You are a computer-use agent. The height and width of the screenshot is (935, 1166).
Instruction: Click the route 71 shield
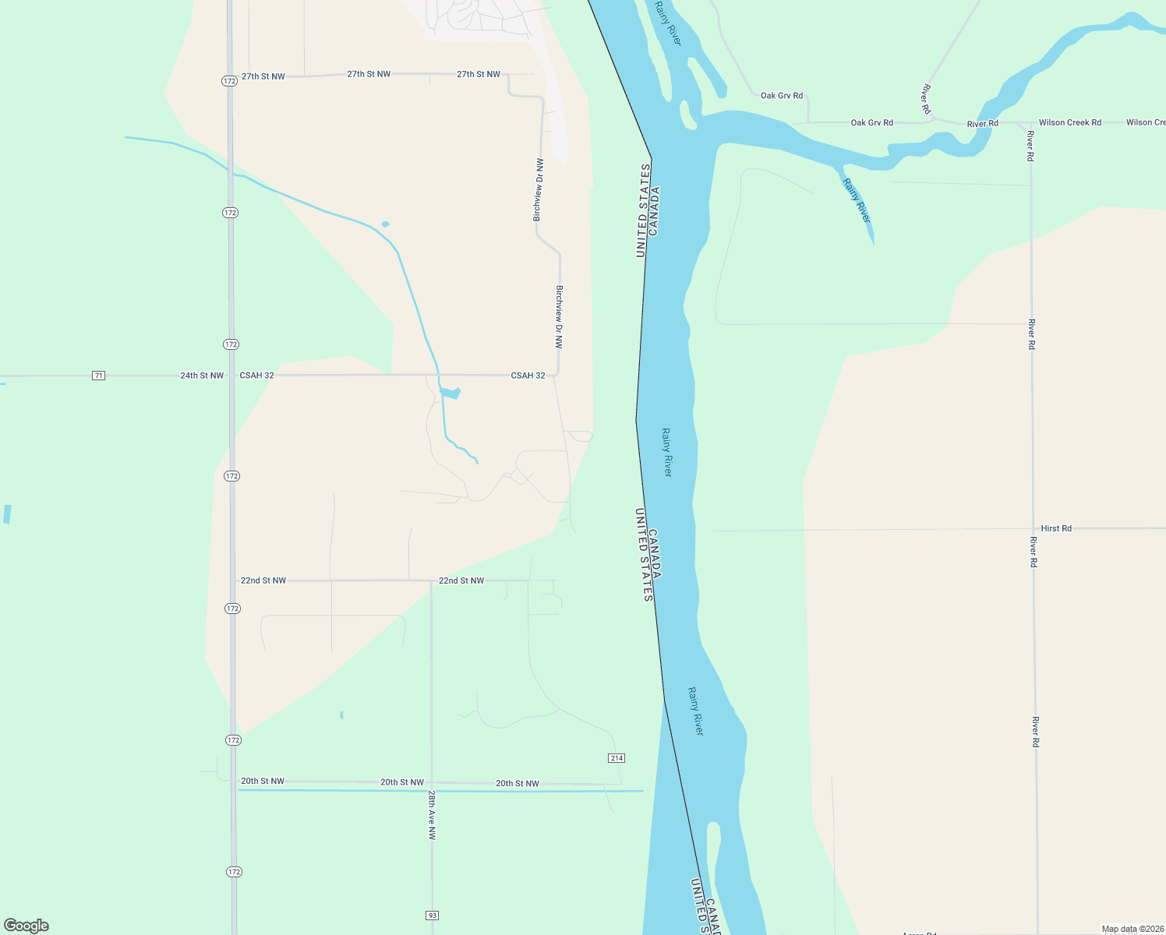pyautogui.click(x=98, y=376)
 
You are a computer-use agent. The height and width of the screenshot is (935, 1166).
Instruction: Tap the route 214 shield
pyautogui.click(x=617, y=758)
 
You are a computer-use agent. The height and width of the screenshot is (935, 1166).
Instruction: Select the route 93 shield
pyautogui.click(x=433, y=915)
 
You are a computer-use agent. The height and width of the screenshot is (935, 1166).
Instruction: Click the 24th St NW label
pyautogui.click(x=202, y=376)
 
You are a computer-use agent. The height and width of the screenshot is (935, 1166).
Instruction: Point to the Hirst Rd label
pyautogui.click(x=1056, y=528)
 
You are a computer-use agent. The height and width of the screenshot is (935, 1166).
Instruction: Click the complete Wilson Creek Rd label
pyautogui.click(x=1069, y=122)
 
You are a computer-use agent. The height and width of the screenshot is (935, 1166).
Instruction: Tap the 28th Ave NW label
pyautogui.click(x=431, y=815)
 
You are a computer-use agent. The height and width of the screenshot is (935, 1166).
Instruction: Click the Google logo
pyautogui.click(x=26, y=926)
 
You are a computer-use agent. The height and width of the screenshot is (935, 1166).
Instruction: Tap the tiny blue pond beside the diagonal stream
pyautogui.click(x=385, y=224)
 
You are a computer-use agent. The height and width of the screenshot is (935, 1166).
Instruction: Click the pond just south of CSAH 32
pyautogui.click(x=450, y=393)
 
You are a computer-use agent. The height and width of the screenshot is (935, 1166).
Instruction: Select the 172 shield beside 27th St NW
pyautogui.click(x=228, y=81)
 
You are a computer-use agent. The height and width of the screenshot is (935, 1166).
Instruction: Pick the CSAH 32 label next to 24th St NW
pyautogui.click(x=256, y=376)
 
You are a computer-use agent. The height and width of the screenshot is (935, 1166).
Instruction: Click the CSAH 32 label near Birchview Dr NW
pyautogui.click(x=528, y=376)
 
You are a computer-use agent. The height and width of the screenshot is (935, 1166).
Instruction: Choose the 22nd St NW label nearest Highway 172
pyautogui.click(x=263, y=580)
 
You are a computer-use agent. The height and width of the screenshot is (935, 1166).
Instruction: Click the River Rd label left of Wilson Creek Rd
pyautogui.click(x=982, y=124)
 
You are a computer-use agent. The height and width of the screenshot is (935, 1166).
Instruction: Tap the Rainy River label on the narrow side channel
pyautogui.click(x=856, y=200)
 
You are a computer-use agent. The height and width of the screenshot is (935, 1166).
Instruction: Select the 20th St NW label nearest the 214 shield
pyautogui.click(x=517, y=784)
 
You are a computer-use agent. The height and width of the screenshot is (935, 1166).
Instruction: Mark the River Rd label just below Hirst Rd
pyautogui.click(x=1033, y=552)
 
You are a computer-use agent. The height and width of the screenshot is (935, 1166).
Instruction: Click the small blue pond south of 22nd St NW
pyautogui.click(x=341, y=714)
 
